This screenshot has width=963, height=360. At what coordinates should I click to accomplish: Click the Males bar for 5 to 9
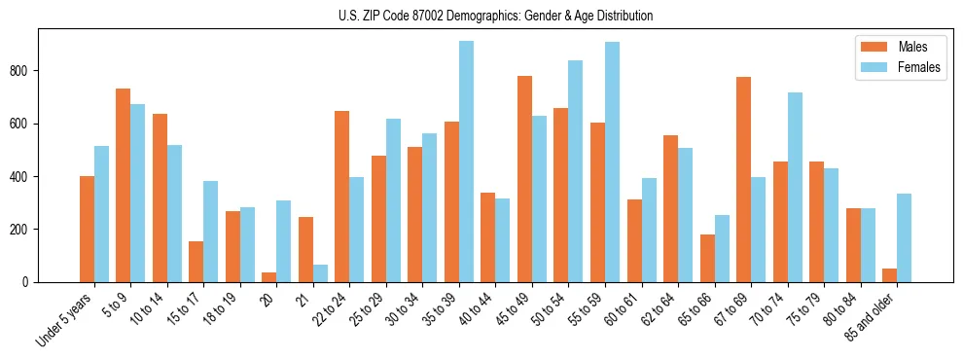[124, 185]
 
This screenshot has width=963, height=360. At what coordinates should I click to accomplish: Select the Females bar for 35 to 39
[466, 162]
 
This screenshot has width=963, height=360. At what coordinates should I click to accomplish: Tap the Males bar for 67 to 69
[743, 179]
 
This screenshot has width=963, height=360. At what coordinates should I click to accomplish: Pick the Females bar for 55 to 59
[612, 162]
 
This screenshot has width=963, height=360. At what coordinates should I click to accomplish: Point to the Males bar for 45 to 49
[524, 179]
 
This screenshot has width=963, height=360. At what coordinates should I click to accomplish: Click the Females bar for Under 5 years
[101, 214]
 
